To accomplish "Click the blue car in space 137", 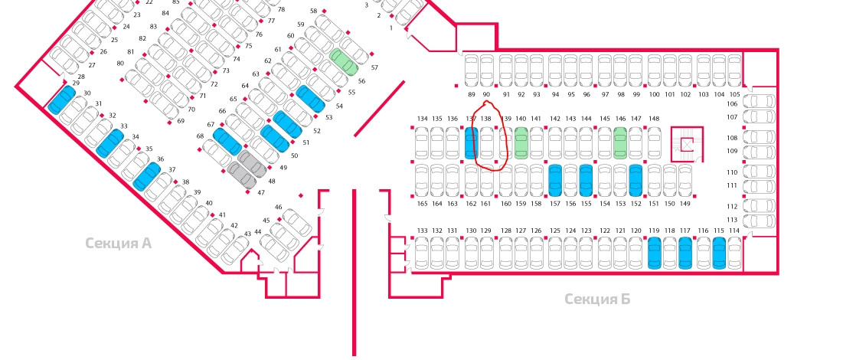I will click(471, 143).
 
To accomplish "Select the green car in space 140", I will click(521, 143).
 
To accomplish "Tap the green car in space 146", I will click(620, 143).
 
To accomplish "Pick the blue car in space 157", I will click(555, 181).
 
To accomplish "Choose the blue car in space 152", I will click(636, 181).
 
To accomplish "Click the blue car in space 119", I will click(654, 254).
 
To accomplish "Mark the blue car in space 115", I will click(719, 254).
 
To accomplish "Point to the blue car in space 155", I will click(586, 181).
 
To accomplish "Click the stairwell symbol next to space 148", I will click(688, 143).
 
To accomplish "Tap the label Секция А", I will click(118, 244).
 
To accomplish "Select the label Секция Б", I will click(597, 299).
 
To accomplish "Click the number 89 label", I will click(471, 94).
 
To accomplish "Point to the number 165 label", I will click(421, 204).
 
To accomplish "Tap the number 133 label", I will click(422, 231).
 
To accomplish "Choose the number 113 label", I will click(733, 219).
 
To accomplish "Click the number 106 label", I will click(733, 103).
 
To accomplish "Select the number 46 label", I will click(278, 207).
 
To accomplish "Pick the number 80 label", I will click(120, 63).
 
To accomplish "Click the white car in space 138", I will click(486, 143).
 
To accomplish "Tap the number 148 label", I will click(654, 119).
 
